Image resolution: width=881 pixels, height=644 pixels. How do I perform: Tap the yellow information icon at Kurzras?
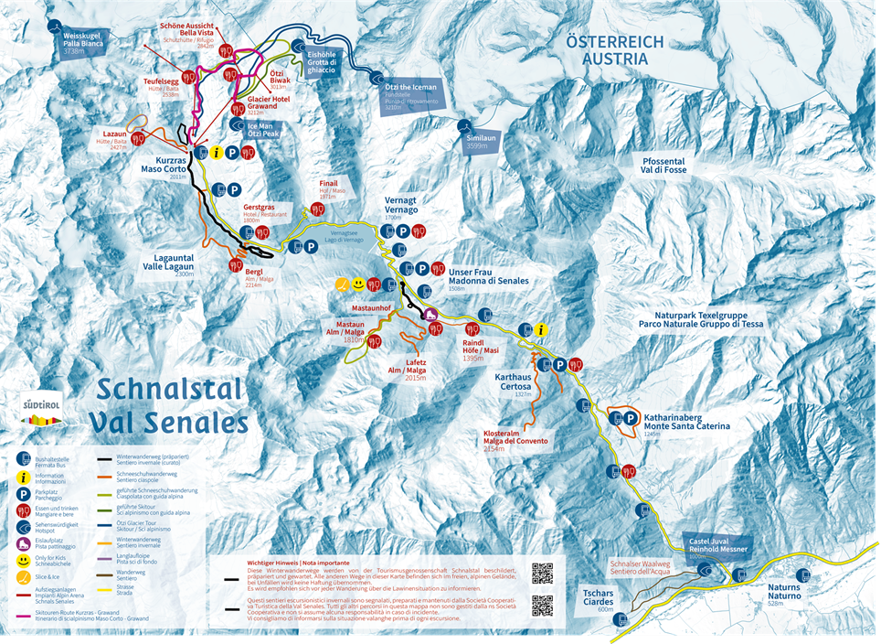tap(217, 154)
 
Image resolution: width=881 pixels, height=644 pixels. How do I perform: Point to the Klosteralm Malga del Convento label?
tap(516, 440)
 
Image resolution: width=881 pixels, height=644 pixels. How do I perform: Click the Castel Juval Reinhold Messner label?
tap(717, 545)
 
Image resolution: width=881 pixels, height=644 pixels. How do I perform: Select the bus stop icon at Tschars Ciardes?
tap(621, 619)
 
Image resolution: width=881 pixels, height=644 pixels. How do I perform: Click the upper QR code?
tap(542, 574)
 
